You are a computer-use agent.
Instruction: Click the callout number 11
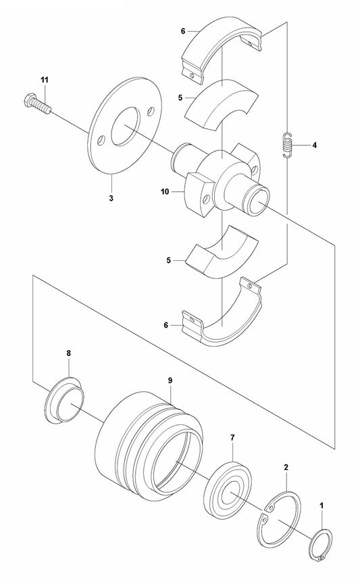[x=45, y=80]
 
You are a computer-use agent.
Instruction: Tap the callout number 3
[x=111, y=198]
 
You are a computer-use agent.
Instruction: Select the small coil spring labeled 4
[x=288, y=145]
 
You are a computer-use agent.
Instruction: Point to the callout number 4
[x=314, y=145]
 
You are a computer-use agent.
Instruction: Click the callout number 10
[x=165, y=192]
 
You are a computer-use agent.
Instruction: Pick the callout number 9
[x=170, y=380]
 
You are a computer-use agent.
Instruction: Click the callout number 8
[x=69, y=353]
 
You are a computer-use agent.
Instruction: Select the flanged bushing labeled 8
[x=64, y=401]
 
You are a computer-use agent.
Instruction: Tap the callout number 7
[x=232, y=438]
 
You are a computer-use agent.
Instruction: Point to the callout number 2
[x=286, y=468]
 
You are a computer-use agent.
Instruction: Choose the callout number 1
[x=322, y=505]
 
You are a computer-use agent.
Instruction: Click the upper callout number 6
[x=183, y=31]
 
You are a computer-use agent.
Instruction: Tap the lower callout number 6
[x=165, y=325]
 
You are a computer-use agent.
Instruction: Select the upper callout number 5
[x=180, y=98]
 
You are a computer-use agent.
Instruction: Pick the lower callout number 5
[x=169, y=260]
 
